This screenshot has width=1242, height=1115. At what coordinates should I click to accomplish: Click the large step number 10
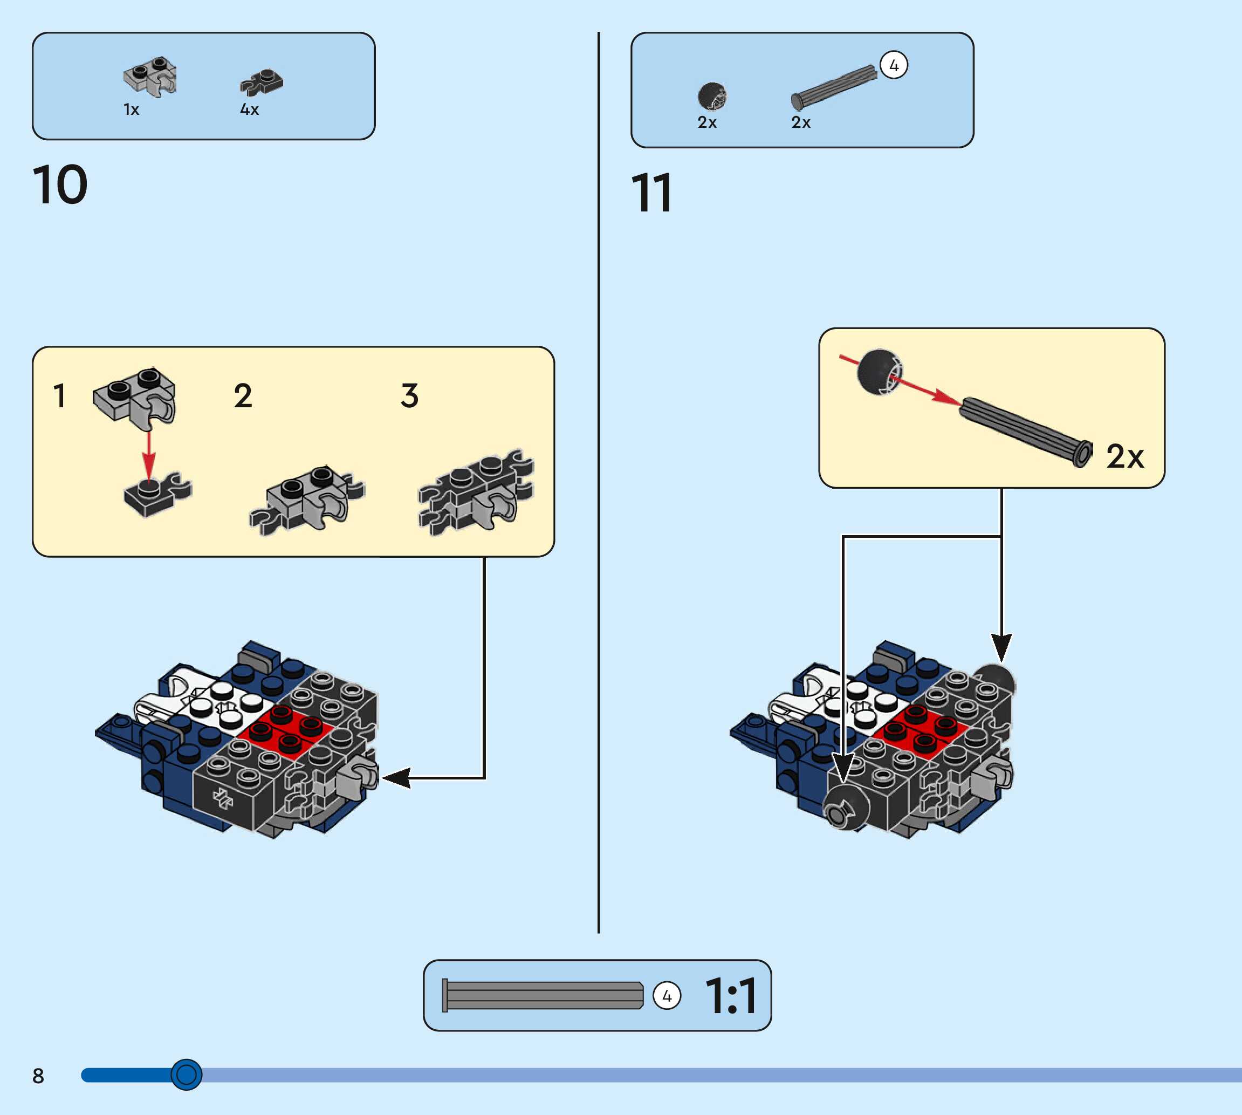pos(60,184)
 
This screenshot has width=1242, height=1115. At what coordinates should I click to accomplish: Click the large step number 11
pos(651,193)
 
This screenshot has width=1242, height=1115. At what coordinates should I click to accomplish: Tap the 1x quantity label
pos(131,110)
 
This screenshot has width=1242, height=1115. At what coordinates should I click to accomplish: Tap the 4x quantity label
pos(249,110)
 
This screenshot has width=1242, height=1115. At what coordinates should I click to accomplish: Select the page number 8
pos(38,1076)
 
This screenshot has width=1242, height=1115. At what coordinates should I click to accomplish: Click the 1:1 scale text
pos(731,996)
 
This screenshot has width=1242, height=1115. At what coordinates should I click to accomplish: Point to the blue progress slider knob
pos(186,1075)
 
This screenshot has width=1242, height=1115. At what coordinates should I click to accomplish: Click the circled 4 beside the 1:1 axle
pos(667,996)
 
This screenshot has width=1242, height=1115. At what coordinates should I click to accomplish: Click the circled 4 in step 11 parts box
pos(894,65)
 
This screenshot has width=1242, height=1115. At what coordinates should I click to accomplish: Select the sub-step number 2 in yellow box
pos(243,396)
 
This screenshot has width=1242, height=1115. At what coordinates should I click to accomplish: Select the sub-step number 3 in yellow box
pos(410,396)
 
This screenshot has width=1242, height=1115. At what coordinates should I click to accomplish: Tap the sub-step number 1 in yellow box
pos(59,396)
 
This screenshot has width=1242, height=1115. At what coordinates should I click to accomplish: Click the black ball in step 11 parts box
pos(712,96)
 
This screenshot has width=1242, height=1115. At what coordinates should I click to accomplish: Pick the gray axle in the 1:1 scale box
pos(542,996)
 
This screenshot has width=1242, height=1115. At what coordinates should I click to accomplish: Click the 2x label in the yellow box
pos(1125,457)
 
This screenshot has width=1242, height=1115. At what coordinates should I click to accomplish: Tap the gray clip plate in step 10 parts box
pos(150,77)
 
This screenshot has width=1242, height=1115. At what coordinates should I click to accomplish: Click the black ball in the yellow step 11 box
pos(879,372)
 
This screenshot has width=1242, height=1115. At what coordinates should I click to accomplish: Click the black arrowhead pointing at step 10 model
pos(397,778)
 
